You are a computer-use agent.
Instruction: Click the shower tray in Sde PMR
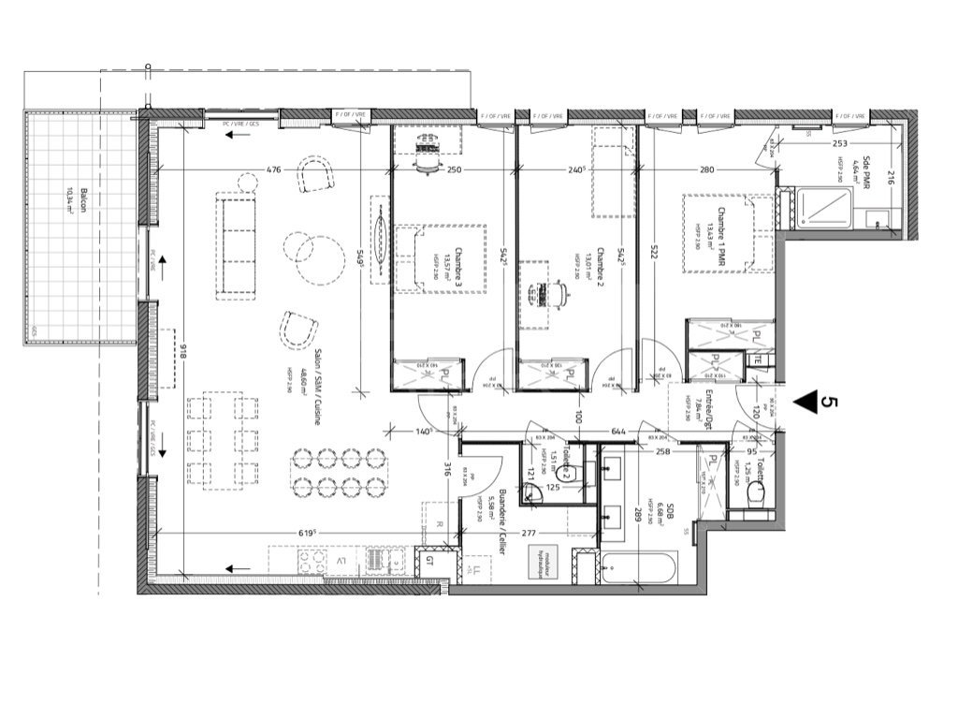click(824, 208)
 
